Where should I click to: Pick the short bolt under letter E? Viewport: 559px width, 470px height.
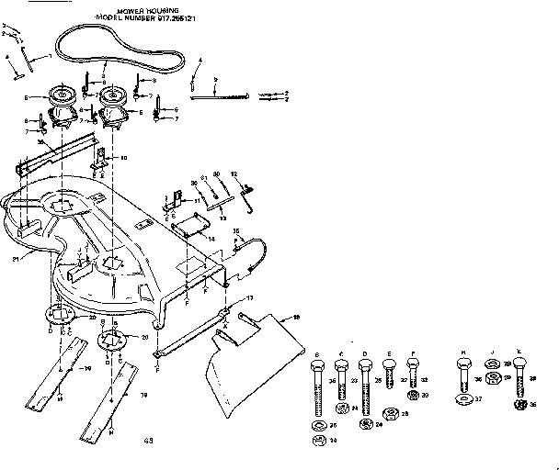pos(389,376)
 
